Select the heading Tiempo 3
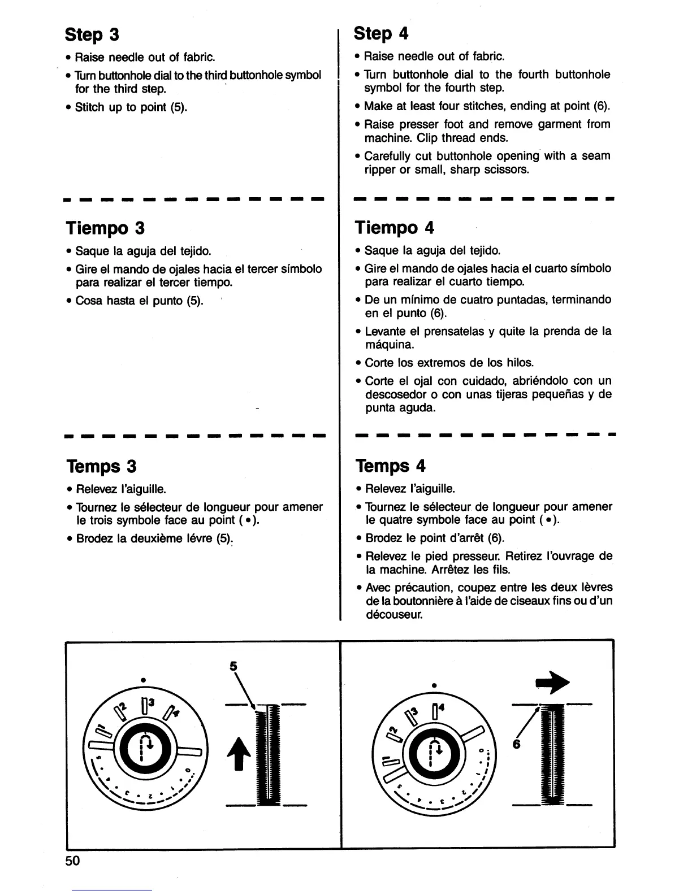105,228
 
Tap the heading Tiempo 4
395,228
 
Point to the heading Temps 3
102,467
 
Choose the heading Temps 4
391,466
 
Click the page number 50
73,861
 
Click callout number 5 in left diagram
232,666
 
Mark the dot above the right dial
434,684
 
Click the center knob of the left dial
145,750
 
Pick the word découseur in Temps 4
394,615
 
